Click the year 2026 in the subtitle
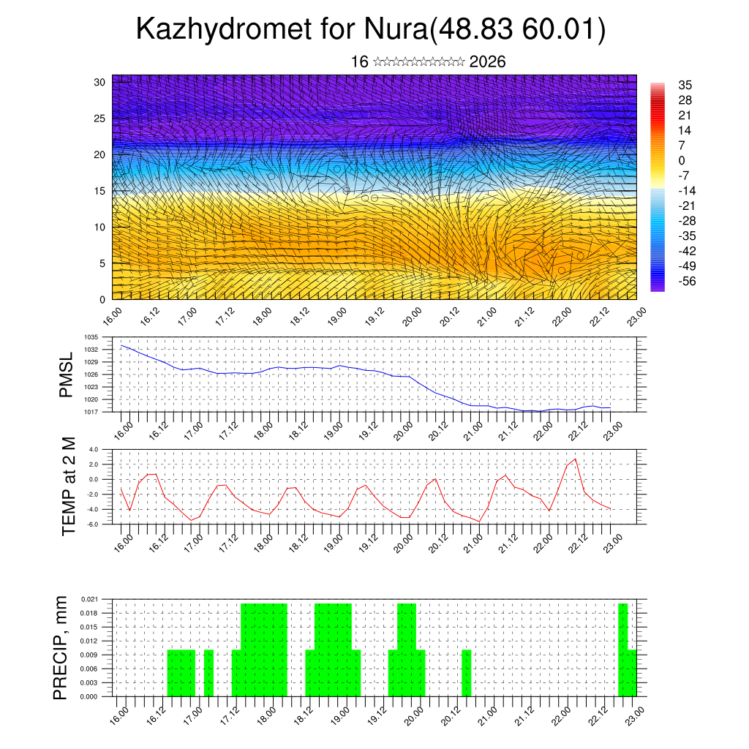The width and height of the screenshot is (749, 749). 488,62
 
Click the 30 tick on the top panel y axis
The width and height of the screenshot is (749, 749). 100,82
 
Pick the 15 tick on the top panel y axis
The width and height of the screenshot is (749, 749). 100,191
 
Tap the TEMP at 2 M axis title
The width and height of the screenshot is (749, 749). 69,486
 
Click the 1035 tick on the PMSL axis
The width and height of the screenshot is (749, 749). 91,337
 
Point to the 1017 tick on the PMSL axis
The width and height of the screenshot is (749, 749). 91,412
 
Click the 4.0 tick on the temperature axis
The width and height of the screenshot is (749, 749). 94,450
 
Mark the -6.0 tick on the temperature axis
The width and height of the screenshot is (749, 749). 93,524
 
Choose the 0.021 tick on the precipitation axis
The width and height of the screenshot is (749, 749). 90,599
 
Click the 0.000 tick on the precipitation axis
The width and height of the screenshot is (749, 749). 90,697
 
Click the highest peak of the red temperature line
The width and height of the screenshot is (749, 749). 575,459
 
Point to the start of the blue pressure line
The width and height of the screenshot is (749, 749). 121,345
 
